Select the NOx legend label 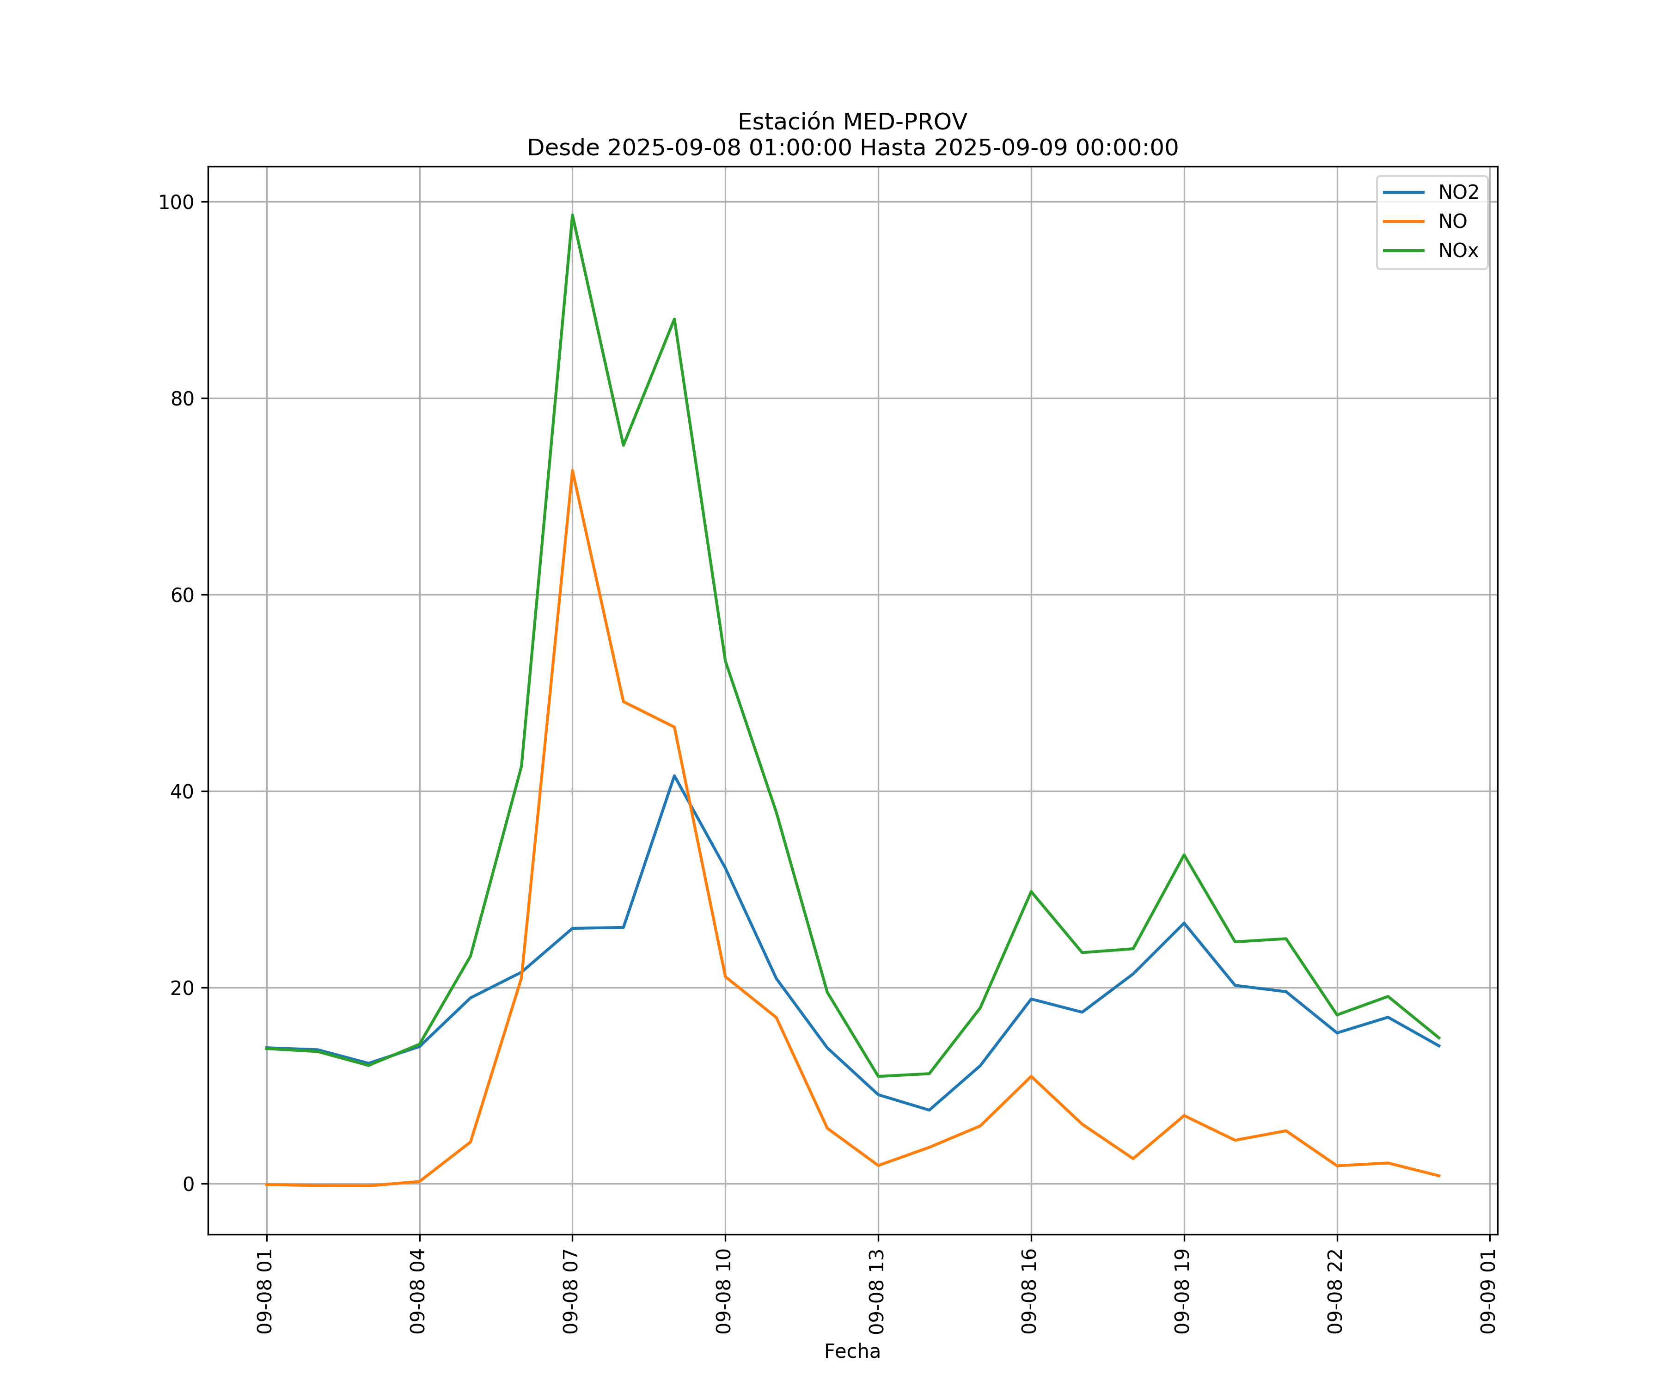click(x=1458, y=251)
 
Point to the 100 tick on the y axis click(x=176, y=202)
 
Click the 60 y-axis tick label click(x=182, y=595)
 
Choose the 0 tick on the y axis click(x=189, y=1184)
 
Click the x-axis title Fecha click(x=852, y=1351)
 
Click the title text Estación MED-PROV click(x=852, y=122)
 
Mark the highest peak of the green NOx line click(x=572, y=215)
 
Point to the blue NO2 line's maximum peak click(x=674, y=775)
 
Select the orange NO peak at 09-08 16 click(x=1031, y=1076)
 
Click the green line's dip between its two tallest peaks click(x=624, y=445)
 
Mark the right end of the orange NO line click(x=1439, y=1176)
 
